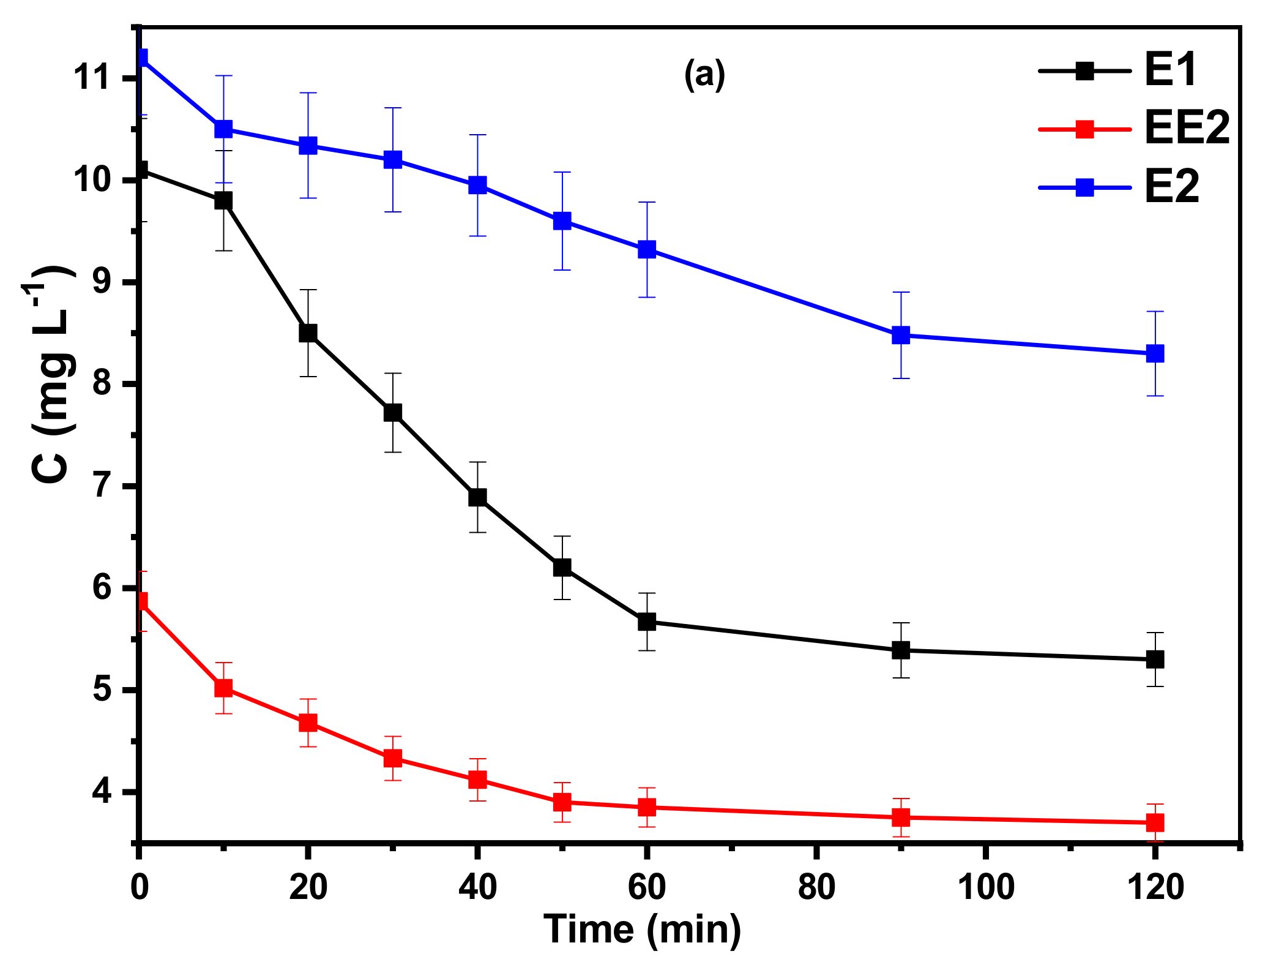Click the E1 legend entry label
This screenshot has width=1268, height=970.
click(x=1171, y=71)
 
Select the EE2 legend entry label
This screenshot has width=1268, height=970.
click(x=1187, y=129)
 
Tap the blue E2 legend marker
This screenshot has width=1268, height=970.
click(x=1084, y=187)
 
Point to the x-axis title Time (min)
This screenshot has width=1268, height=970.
click(x=643, y=929)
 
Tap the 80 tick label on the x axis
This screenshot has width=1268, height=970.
click(x=816, y=887)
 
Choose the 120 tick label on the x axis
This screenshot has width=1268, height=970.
click(x=1155, y=887)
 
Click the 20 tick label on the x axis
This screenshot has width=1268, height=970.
click(x=308, y=887)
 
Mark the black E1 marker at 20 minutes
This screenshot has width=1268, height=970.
click(x=308, y=333)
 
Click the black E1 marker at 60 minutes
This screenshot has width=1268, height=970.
click(x=647, y=622)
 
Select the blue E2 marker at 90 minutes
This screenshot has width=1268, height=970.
click(x=901, y=335)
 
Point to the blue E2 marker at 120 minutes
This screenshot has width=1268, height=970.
click(x=1155, y=353)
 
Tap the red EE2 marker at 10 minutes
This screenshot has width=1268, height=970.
click(x=223, y=688)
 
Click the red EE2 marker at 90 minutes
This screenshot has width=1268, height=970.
click(x=901, y=817)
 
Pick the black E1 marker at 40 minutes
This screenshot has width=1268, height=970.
click(x=477, y=497)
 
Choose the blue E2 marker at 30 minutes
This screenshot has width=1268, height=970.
click(x=393, y=160)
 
